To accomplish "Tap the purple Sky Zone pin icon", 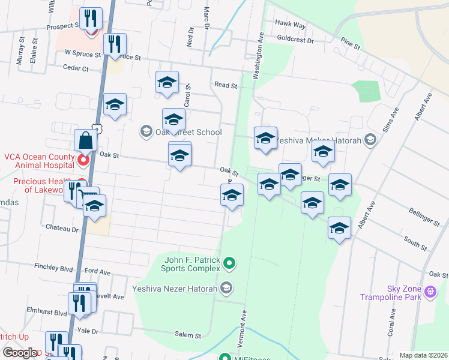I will tap(430, 292).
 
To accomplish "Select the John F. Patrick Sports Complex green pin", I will tap(229, 263).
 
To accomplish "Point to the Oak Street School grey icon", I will tap(146, 131).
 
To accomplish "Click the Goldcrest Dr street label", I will tap(295, 40).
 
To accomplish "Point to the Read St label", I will tap(226, 86).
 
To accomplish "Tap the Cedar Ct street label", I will tap(76, 68).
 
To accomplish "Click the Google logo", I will tap(20, 353).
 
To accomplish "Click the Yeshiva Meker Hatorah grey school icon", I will tap(370, 140).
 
